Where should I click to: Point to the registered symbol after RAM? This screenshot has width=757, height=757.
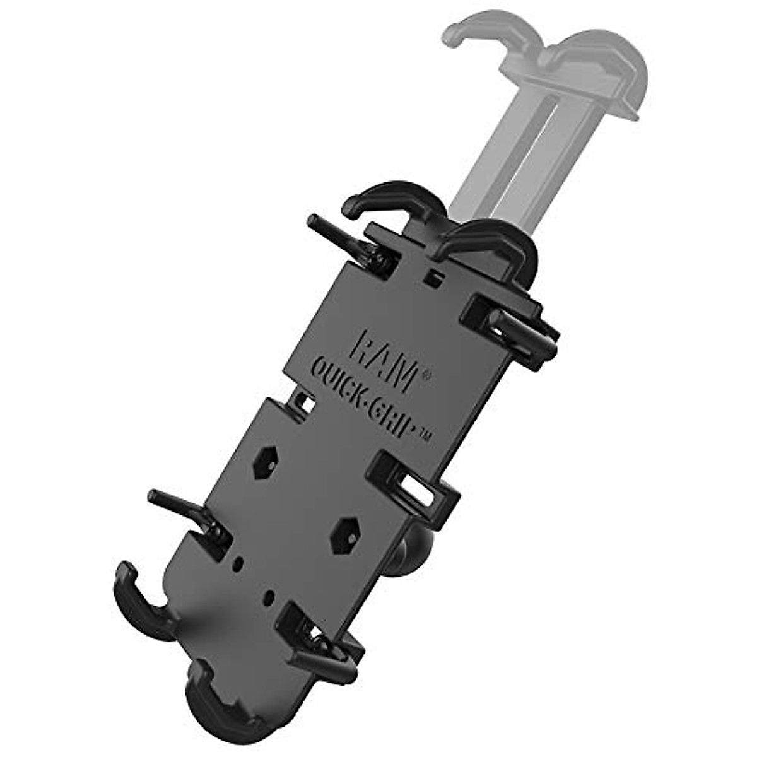426,375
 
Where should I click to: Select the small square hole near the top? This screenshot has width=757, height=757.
431,276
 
